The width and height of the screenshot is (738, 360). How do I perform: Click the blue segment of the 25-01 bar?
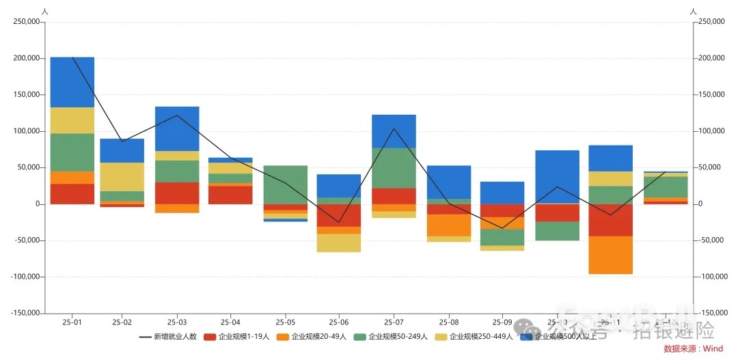click(72, 82)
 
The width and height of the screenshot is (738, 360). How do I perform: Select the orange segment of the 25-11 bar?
click(610, 255)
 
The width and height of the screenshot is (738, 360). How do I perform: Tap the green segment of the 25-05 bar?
click(286, 184)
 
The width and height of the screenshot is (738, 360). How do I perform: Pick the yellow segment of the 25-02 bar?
click(122, 176)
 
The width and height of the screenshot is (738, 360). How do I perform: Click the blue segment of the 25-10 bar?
click(557, 176)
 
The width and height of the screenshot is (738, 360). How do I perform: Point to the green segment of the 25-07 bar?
click(394, 167)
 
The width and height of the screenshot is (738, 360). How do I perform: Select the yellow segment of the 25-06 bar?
click(339, 243)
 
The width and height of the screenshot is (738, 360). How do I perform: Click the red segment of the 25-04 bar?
click(231, 195)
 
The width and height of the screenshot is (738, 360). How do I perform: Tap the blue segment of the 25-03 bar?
click(177, 128)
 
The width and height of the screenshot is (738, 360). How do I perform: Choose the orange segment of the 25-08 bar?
click(449, 225)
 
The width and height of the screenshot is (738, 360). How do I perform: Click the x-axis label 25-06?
click(339, 322)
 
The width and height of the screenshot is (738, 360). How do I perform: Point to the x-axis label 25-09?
click(502, 322)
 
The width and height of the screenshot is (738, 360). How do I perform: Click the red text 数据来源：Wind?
click(693, 348)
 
